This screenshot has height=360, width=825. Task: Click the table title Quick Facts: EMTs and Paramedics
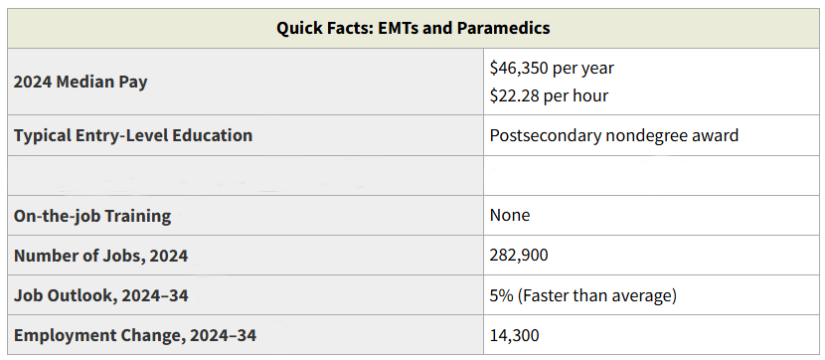[413, 28]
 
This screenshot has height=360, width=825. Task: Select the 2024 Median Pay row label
[81, 83]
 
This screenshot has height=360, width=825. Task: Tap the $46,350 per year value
[552, 68]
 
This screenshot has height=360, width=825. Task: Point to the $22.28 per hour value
[549, 95]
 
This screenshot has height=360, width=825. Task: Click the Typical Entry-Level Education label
[133, 136]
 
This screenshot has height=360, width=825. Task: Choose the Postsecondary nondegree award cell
[614, 136]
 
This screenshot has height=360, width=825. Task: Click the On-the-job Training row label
[92, 216]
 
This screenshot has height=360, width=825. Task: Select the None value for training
[510, 215]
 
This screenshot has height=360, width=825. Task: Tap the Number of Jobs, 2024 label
[101, 256]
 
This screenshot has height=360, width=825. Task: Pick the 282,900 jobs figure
[519, 256]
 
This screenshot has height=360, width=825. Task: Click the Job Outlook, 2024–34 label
[101, 295]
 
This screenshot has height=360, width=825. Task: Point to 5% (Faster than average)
[583, 295]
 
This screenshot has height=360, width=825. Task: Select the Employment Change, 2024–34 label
[135, 336]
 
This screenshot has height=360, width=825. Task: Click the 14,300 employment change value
[515, 335]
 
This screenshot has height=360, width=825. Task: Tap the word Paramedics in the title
[504, 28]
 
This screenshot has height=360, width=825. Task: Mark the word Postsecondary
[545, 136]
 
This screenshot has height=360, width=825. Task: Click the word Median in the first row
[84, 83]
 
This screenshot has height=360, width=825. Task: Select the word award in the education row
[716, 136]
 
